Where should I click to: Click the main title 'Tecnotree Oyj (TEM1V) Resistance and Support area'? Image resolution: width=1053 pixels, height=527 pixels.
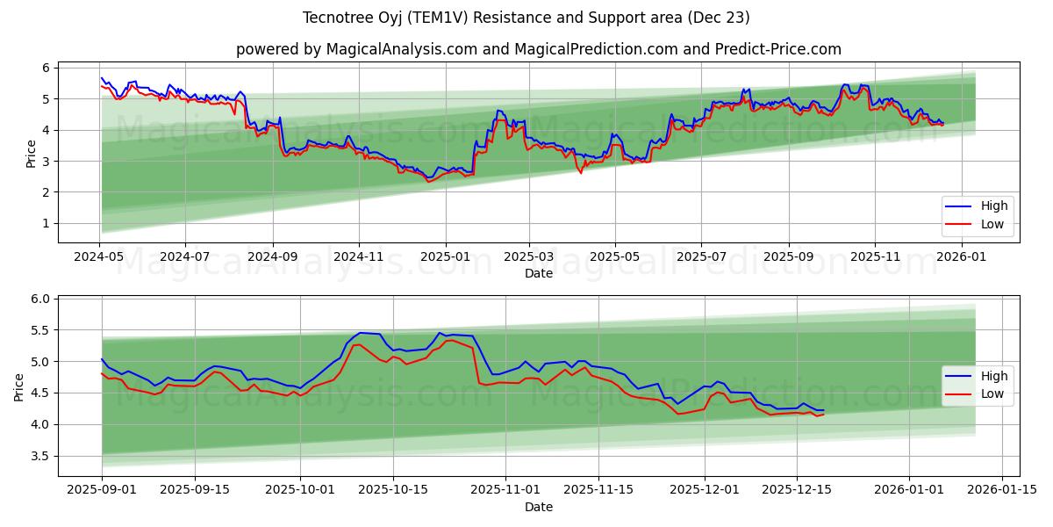coord(526,18)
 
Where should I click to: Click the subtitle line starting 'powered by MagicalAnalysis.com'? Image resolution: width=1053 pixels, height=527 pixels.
coord(538,49)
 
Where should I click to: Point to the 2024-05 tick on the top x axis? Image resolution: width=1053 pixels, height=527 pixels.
coord(99,256)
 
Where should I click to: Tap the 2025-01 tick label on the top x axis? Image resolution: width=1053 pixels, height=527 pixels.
coord(445,256)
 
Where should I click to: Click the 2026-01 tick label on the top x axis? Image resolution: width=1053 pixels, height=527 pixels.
coord(963,256)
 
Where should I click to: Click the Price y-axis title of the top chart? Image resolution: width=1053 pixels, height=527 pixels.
coord(32,154)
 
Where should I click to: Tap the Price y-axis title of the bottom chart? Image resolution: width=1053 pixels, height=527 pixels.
coord(19,387)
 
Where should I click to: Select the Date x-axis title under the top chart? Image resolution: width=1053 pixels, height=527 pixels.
coord(538,273)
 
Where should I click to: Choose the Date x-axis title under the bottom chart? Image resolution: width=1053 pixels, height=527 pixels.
coord(538,507)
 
